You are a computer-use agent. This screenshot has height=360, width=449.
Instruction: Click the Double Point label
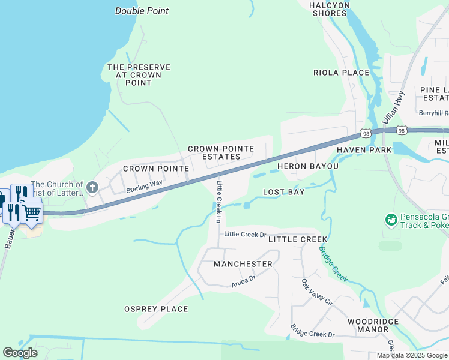142,11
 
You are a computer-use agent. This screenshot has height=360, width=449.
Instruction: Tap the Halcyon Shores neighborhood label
330,9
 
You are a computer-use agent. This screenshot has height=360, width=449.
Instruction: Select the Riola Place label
341,73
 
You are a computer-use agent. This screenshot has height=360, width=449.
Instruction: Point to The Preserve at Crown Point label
139,75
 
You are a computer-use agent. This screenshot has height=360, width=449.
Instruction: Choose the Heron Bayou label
308,166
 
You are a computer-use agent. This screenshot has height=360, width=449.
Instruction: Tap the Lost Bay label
284,192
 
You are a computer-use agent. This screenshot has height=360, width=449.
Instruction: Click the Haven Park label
360,149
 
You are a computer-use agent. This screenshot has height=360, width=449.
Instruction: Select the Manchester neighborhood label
243,264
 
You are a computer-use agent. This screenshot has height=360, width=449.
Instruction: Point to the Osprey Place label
156,309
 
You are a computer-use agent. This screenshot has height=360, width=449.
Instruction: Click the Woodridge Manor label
373,326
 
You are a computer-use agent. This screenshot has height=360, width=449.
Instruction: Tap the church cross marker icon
92,188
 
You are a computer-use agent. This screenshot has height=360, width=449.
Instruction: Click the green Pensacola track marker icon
391,220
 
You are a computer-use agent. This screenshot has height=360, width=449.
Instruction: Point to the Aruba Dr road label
243,280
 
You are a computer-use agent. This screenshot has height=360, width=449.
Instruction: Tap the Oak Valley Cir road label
317,293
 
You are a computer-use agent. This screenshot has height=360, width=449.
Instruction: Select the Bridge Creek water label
333,264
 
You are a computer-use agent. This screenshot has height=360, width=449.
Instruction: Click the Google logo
20,353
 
